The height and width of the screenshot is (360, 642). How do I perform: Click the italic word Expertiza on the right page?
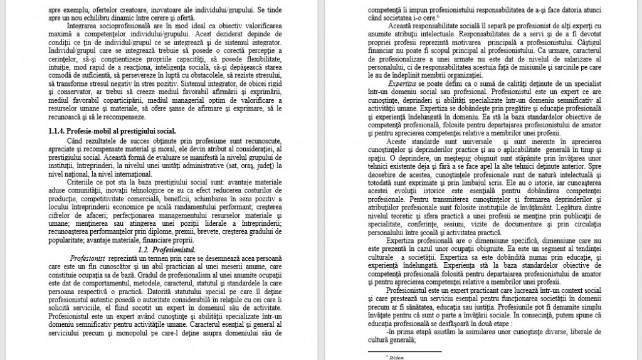click(x=401, y=82)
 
